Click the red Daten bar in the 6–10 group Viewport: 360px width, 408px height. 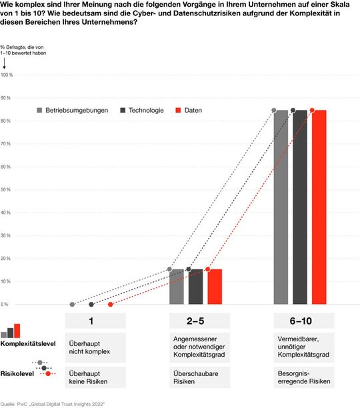(319, 207)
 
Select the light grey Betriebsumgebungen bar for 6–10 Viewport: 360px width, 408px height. (281, 207)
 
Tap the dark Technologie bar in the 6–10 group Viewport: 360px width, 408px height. (299, 207)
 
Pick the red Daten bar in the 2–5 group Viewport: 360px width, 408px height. (215, 287)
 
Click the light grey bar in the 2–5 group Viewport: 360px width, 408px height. (177, 287)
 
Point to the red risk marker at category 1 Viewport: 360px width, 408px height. (110, 304)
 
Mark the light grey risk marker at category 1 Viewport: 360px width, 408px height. (72, 304)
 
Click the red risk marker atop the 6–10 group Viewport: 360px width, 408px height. (312, 110)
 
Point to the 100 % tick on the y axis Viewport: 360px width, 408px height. (7, 75)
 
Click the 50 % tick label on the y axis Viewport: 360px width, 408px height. (6, 189)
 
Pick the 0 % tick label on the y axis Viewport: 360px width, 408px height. (5, 304)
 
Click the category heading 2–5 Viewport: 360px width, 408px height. (195, 321)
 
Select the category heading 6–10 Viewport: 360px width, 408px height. (299, 321)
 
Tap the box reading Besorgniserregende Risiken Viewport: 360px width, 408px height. (299, 377)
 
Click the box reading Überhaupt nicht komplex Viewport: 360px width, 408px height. (91, 347)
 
